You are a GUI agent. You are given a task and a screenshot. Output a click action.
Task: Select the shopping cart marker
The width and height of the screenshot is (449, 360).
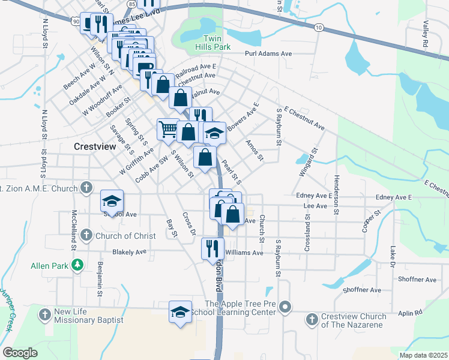167,128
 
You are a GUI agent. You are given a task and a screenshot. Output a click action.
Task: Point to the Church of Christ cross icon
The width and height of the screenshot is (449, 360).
86,235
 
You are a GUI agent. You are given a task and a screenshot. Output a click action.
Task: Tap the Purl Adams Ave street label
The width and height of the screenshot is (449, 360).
268,54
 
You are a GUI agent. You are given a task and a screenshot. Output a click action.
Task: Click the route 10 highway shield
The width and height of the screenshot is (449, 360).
319,28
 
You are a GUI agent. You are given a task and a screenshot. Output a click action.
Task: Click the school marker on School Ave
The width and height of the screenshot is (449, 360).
112,201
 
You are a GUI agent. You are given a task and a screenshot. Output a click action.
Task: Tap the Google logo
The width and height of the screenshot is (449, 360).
20,353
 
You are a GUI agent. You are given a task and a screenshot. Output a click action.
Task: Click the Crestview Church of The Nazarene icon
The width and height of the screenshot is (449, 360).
312,319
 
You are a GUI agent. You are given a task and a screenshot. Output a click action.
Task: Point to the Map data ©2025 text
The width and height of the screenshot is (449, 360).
423,355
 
